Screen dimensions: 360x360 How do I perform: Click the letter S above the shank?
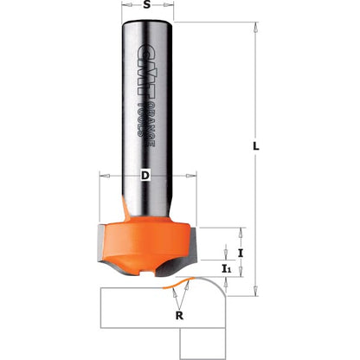click(148, 6)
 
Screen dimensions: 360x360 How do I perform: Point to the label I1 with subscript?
click(227, 270)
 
